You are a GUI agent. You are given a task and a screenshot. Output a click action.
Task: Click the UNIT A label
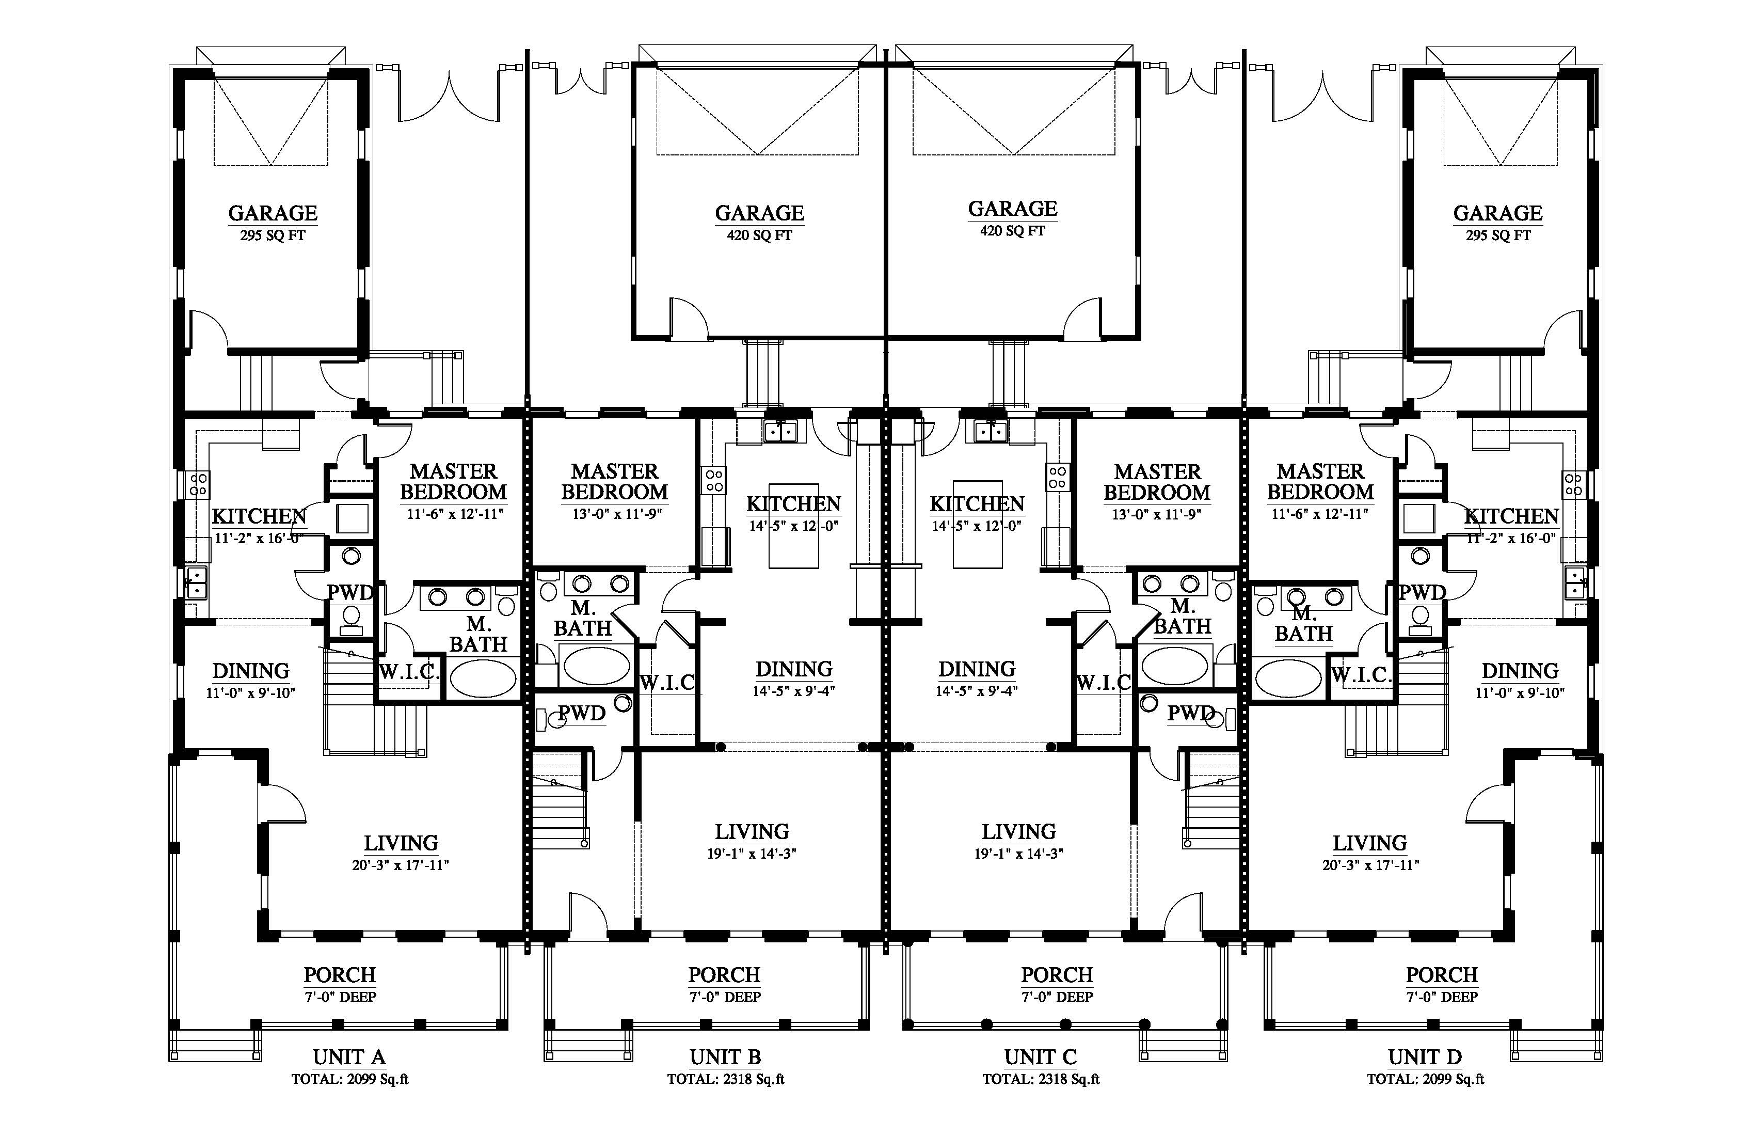(x=349, y=1057)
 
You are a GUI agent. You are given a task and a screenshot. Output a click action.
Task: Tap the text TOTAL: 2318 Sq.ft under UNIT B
(x=726, y=1079)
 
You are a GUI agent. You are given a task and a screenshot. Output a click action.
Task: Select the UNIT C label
(x=1041, y=1057)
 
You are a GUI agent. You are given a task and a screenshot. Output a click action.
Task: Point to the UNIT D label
(x=1425, y=1057)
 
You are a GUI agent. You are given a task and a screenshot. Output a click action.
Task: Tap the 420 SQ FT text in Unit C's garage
(x=1012, y=231)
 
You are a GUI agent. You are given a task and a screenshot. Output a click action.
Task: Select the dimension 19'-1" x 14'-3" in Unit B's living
(x=752, y=854)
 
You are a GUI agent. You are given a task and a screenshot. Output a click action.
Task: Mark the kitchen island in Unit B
(x=793, y=525)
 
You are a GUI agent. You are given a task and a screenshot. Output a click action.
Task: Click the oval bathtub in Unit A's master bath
(x=484, y=679)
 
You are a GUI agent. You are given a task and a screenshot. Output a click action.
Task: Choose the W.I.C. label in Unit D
(x=1361, y=675)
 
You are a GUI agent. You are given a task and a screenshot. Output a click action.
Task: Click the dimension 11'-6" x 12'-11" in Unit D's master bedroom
(x=1320, y=514)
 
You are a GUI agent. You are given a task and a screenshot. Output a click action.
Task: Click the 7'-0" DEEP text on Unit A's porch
(x=340, y=997)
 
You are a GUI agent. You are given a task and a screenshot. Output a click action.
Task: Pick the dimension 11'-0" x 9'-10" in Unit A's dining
(x=251, y=693)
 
